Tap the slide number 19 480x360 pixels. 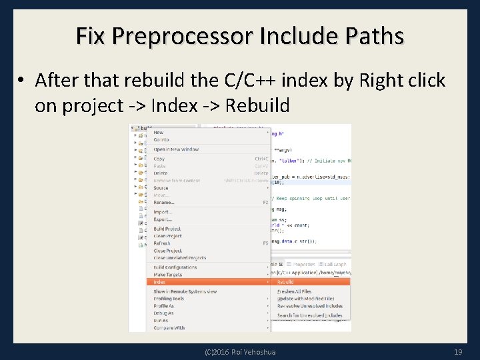pyautogui.click(x=457, y=351)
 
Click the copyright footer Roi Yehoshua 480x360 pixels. pyautogui.click(x=240, y=351)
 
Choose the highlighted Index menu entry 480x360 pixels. pyautogui.click(x=160, y=282)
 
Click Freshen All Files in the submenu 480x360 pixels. pyautogui.click(x=294, y=291)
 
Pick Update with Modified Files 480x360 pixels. pyautogui.click(x=305, y=299)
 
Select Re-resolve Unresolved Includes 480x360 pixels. pyautogui.click(x=309, y=306)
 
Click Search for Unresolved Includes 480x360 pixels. pyautogui.click(x=309, y=315)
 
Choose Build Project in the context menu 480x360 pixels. pyautogui.click(x=167, y=229)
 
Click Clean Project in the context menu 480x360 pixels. pyautogui.click(x=167, y=236)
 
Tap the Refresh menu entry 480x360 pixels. pyautogui.click(x=162, y=243)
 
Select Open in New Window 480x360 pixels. pyautogui.click(x=176, y=149)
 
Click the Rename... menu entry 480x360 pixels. pyautogui.click(x=164, y=202)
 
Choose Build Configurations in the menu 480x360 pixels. pyautogui.click(x=175, y=267)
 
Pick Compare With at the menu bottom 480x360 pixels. pyautogui.click(x=169, y=328)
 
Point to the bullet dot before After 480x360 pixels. pyautogui.click(x=22, y=81)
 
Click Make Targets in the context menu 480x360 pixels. pyautogui.click(x=168, y=275)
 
